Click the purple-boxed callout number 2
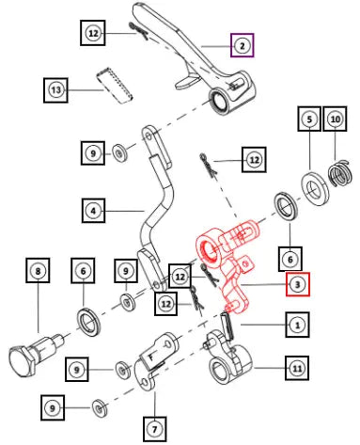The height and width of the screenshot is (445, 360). [x=243, y=45]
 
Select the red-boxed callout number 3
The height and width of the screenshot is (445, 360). [x=297, y=284]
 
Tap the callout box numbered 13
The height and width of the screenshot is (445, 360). [x=55, y=90]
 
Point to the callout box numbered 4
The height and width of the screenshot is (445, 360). [x=93, y=211]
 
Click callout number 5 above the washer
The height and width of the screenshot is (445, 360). [x=309, y=119]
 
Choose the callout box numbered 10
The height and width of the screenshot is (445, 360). [x=335, y=119]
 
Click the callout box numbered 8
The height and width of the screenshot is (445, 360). [x=38, y=270]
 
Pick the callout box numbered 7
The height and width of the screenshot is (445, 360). [x=154, y=429]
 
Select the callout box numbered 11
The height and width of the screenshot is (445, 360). [x=297, y=368]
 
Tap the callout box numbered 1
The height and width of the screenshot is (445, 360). [x=297, y=325]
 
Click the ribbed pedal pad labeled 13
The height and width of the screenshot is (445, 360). [x=114, y=85]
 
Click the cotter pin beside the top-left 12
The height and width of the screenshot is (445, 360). [x=138, y=31]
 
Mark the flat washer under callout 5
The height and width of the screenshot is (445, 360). [x=315, y=188]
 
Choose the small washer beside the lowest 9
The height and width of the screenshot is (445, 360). [x=100, y=408]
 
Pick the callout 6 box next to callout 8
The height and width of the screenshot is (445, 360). [x=83, y=270]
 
